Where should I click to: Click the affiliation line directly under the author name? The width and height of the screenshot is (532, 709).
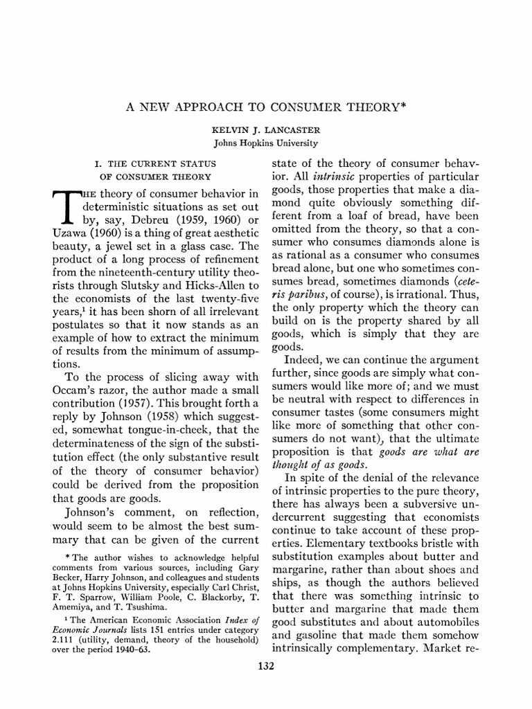tap(265, 143)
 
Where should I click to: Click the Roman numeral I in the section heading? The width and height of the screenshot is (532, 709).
tap(96, 163)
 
